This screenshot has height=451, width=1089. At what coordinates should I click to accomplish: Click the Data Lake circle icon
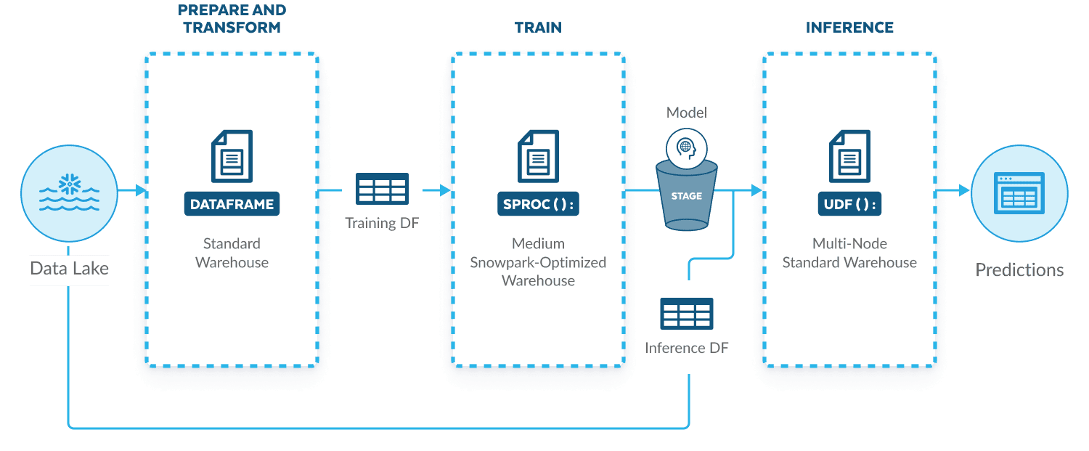(70, 190)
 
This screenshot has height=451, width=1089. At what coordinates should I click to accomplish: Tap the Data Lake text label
(69, 269)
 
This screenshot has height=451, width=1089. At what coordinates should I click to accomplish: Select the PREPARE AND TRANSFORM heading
(232, 19)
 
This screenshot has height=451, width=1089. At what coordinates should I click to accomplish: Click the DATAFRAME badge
(232, 205)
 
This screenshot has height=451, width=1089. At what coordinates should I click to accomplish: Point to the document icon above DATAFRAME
(232, 156)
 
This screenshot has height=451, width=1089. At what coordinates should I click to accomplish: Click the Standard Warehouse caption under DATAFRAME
(232, 253)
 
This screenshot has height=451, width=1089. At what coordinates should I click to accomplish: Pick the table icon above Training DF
(382, 189)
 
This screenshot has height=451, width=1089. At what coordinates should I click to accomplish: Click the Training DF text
(382, 222)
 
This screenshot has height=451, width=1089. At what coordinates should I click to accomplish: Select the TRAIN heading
(538, 28)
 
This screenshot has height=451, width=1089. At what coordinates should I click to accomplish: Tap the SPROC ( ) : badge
(538, 205)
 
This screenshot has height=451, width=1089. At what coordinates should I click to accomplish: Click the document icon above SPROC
(538, 156)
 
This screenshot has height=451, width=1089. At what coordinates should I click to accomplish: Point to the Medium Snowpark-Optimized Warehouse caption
(538, 261)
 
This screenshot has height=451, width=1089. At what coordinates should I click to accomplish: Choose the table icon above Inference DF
(686, 314)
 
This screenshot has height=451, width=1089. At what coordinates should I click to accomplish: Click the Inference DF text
(686, 348)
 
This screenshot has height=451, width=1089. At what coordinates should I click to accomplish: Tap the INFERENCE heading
(849, 28)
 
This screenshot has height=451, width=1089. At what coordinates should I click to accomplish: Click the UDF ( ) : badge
(849, 205)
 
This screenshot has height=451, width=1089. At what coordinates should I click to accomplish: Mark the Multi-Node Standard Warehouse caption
(849, 253)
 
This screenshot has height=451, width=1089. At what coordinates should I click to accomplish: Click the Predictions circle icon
(1020, 190)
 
